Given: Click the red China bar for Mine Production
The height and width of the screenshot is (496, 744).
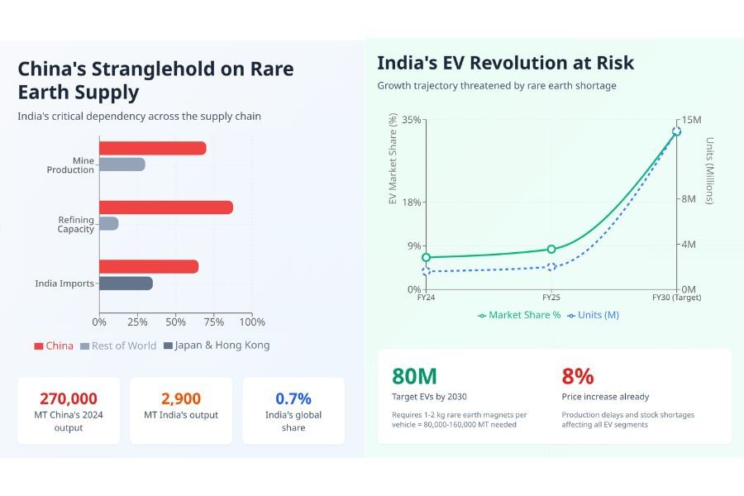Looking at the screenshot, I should coord(152,148).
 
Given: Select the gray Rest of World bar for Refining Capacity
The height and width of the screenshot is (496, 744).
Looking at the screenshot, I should coord(108,223).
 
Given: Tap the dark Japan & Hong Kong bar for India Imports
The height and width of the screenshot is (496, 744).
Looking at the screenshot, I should coord(126,284).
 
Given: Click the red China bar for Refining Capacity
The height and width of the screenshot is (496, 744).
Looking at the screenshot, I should coord(165,207).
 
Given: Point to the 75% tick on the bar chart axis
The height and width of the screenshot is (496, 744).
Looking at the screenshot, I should coord(214,322).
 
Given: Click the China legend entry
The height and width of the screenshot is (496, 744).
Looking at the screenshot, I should coord(54,346).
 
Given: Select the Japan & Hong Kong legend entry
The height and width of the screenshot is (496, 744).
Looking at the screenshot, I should coord(217,346).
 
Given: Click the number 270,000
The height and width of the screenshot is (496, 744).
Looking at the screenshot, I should coord(69,398).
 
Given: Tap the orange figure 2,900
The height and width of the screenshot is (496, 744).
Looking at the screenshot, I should coord(181,398).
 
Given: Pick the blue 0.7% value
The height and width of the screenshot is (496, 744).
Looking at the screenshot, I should coord(293,398).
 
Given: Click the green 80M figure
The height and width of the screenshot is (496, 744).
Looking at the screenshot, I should coord(414,376).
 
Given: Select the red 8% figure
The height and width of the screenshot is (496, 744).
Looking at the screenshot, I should coord(578,376).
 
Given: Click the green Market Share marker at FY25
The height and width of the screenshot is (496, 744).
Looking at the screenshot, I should coord(551,249).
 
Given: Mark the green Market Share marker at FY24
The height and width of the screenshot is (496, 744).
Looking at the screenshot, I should coord(426,257).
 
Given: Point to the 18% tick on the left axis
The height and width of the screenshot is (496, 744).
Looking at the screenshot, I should coord(411,202).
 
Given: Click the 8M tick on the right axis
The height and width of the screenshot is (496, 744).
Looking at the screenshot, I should coord(689,199).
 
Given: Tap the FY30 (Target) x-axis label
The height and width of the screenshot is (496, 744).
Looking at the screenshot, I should coord(676,297).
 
